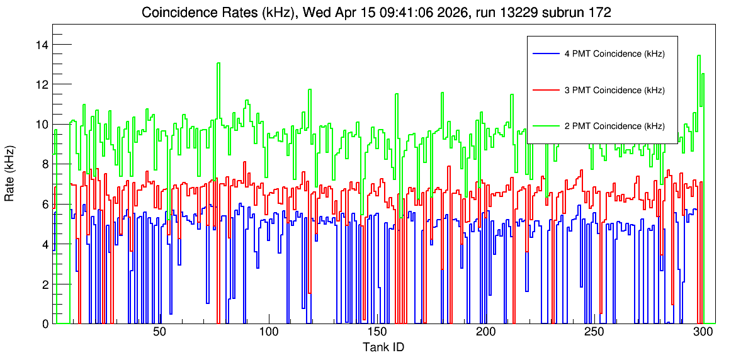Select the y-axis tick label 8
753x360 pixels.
tap(45, 164)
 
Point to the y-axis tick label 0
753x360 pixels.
tap(45, 324)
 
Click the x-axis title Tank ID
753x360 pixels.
tap(383, 347)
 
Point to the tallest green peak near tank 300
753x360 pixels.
tap(699, 55)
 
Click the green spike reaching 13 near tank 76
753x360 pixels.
tap(218, 64)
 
